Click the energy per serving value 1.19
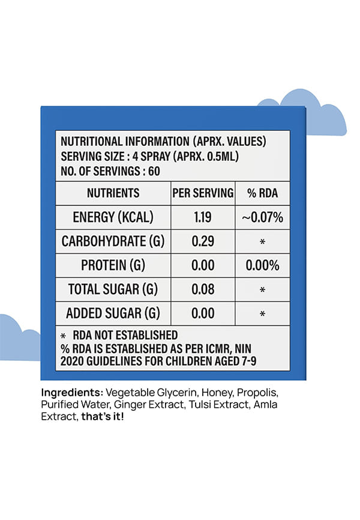203,217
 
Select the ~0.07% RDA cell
263,217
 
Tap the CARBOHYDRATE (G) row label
113,241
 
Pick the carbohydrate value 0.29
203,241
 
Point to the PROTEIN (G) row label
113,265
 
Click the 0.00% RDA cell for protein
263,265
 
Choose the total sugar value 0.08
203,289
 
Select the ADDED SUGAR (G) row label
113,313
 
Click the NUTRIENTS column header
113,193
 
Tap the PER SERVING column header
203,193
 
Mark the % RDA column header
263,193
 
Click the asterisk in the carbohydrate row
263,242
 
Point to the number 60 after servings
154,171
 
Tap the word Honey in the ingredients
217,393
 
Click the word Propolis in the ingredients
257,393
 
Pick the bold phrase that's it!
103,416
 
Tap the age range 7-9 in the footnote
248,361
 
